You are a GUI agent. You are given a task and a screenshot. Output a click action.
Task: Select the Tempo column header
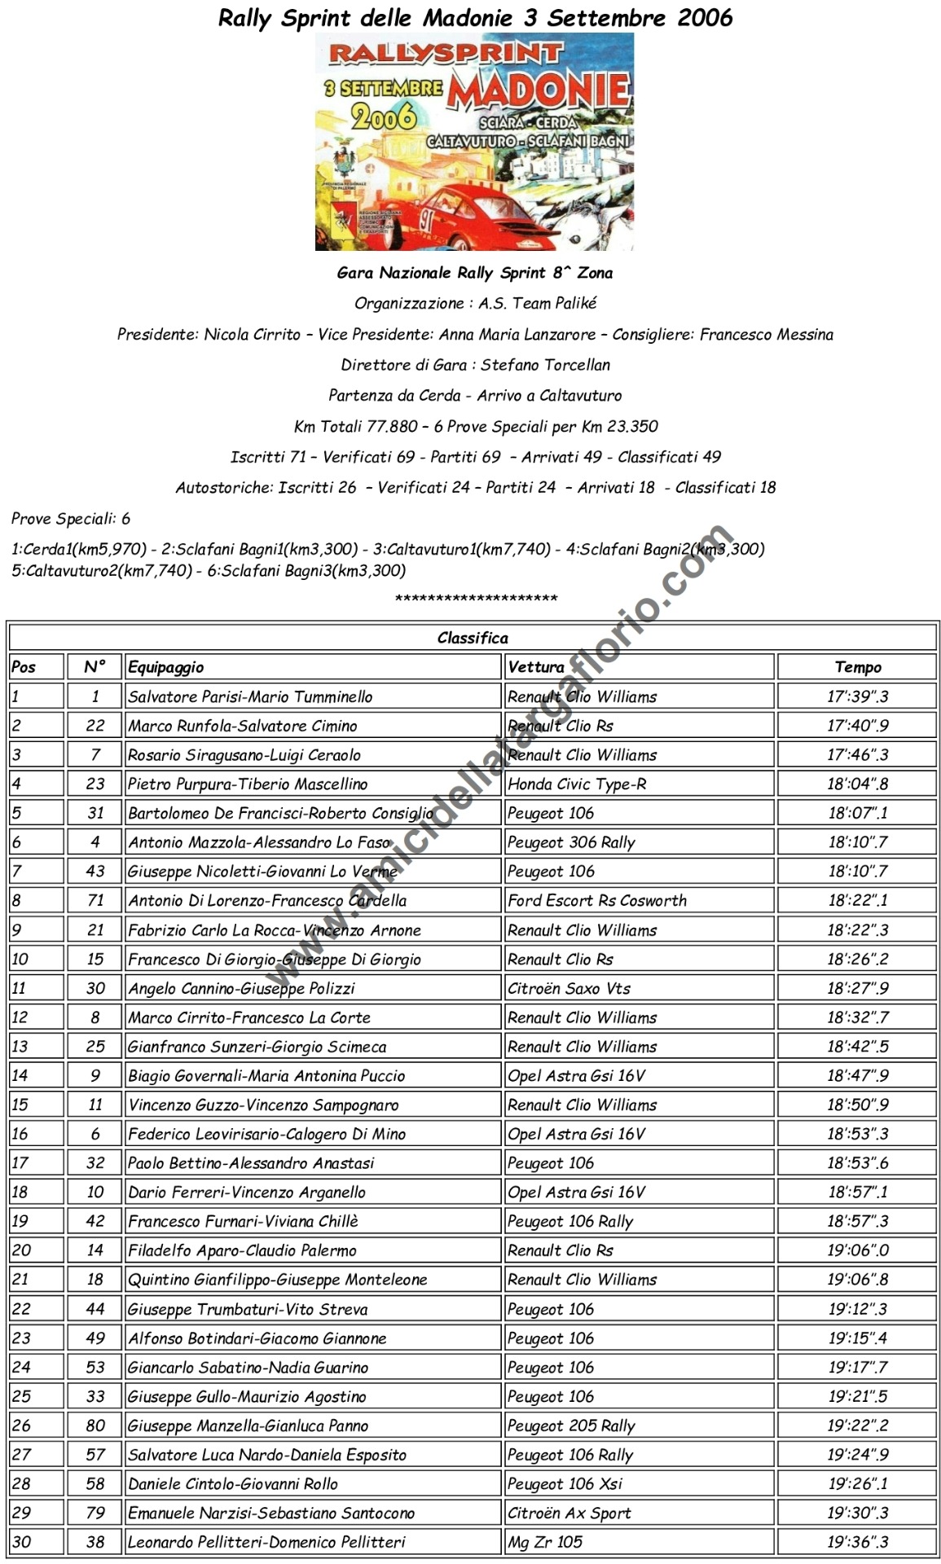857,667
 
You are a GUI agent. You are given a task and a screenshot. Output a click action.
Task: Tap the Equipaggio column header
166,667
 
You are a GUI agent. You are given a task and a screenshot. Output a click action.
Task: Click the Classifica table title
473,638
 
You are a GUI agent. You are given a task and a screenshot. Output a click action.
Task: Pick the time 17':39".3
857,696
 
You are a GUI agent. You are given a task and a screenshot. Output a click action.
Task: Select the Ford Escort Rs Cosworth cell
596,900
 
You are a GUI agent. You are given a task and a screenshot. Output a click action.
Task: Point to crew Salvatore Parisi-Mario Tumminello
250,696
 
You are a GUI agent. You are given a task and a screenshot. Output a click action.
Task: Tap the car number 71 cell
95,900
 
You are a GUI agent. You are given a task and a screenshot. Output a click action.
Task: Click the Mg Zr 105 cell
545,1542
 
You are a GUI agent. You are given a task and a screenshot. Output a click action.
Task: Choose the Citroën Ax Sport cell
569,1513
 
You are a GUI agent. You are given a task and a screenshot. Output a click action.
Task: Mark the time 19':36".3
857,1542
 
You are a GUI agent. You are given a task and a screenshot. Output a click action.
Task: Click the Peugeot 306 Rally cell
571,842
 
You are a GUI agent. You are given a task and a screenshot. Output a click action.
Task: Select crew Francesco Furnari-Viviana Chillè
243,1221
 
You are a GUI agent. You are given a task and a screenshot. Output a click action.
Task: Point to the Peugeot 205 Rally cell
571,1426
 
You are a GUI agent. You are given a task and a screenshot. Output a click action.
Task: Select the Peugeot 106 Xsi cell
565,1483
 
